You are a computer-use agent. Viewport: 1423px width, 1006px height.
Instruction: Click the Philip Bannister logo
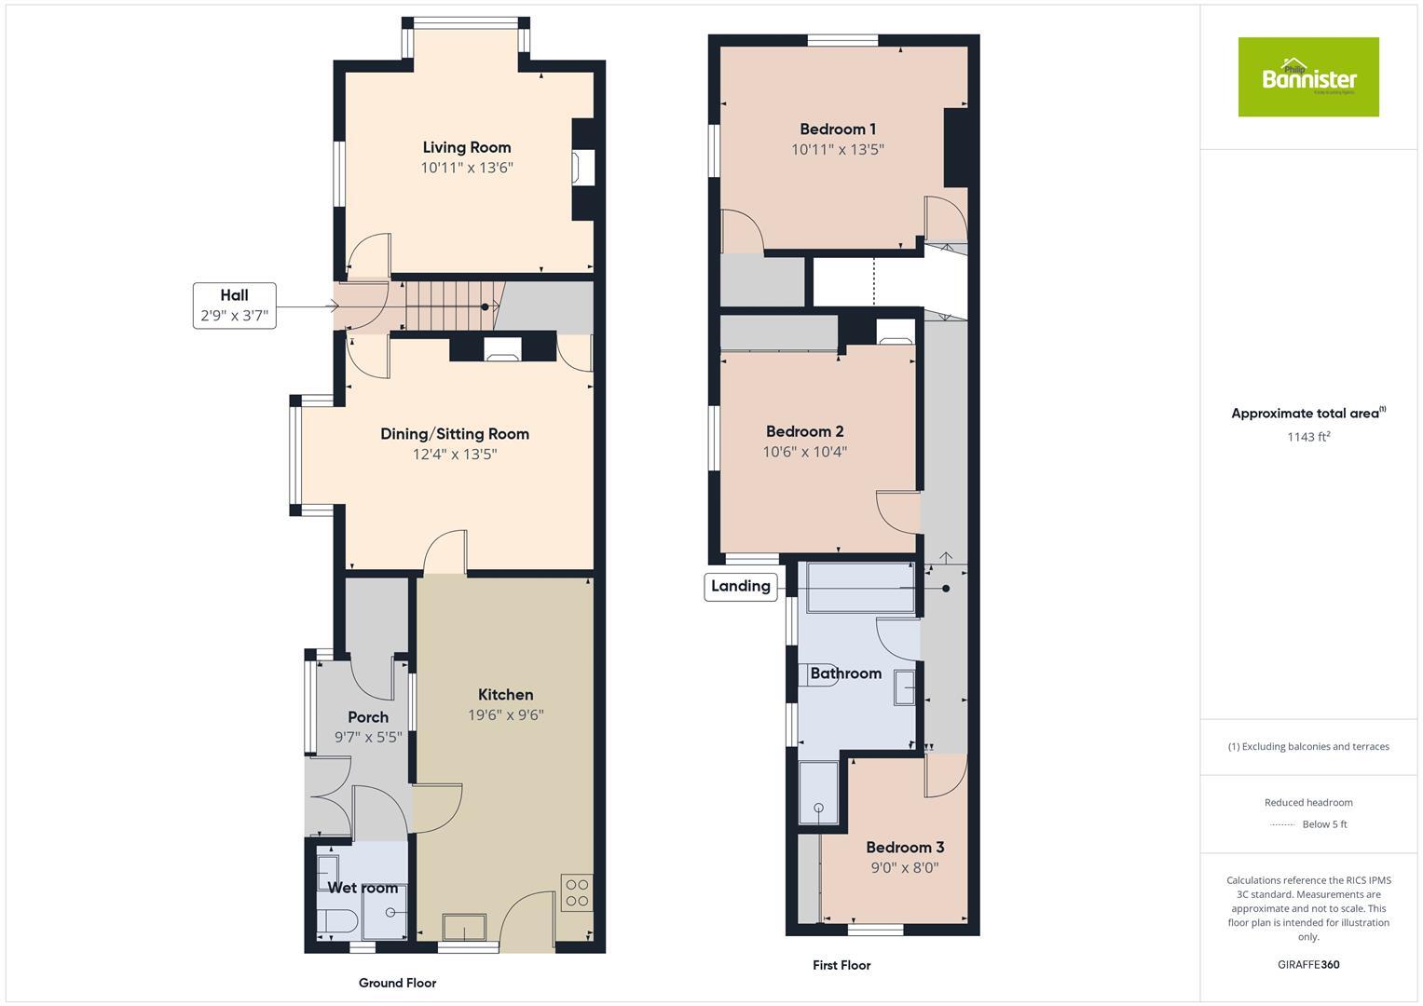1307,77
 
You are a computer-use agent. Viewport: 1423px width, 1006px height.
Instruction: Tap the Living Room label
467,147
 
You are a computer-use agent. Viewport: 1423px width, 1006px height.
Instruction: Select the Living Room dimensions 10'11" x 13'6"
467,168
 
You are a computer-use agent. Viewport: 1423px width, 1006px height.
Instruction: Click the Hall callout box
235,306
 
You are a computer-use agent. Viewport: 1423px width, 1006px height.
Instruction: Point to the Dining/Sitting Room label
455,434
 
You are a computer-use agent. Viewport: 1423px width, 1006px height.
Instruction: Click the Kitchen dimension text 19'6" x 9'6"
506,715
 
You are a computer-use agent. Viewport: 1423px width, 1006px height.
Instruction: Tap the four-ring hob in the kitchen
577,892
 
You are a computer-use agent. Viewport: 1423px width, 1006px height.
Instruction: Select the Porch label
368,717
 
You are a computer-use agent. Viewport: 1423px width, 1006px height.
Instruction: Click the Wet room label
363,888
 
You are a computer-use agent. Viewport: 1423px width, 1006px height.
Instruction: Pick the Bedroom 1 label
838,129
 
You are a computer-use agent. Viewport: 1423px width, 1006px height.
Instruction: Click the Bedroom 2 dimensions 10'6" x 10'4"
805,452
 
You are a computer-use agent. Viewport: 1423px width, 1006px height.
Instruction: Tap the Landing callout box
741,586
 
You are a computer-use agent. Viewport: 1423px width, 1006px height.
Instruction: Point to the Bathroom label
846,673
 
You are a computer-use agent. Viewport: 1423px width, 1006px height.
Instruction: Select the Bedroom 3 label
905,848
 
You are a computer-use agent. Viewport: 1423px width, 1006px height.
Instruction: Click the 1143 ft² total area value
1308,437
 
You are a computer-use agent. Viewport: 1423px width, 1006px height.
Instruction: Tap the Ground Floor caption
398,983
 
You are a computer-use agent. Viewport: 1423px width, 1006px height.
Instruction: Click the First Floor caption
841,965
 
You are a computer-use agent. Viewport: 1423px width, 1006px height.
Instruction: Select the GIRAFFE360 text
1308,965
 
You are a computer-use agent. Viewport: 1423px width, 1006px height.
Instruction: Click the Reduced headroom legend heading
1308,803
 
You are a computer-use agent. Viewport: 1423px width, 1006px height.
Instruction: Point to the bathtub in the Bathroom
861,588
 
